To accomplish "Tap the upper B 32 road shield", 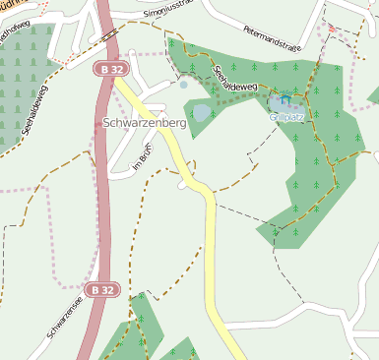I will pos(109,70).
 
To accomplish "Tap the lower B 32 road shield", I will pos(99,290).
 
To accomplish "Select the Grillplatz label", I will pos(287,116).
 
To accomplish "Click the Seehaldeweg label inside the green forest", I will pos(233,78).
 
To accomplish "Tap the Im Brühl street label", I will pos(143,160).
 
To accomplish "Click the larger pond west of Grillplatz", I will pos(202,112).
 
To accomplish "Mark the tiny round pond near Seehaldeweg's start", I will pos(183,86).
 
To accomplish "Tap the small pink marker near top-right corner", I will pos(332,29).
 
